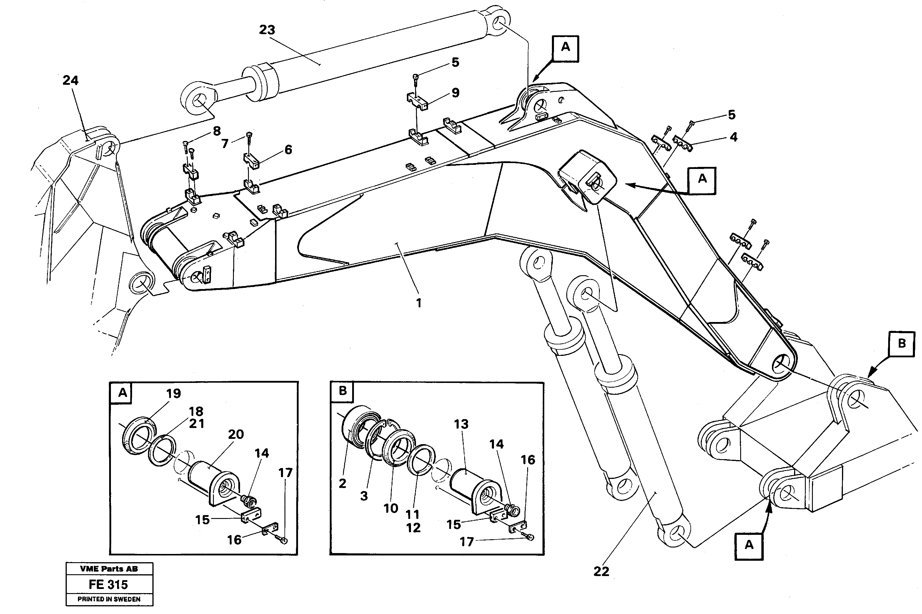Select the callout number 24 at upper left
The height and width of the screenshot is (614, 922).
70,80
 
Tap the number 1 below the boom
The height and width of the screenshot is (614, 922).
418,303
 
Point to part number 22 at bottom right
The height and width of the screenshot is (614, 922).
601,572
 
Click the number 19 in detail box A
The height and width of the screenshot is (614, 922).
173,394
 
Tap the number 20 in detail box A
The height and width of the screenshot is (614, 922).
236,434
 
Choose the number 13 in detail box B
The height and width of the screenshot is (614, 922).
461,424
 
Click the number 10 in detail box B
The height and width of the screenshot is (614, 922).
391,508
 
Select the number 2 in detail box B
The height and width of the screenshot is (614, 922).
342,484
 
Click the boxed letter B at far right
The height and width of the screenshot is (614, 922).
902,343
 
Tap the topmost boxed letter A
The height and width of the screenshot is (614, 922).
565,47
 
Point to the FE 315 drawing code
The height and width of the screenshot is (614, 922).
108,585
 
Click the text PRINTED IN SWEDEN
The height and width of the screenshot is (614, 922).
109,599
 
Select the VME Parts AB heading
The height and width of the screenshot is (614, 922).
109,569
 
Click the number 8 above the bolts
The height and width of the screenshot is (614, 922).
217,131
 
